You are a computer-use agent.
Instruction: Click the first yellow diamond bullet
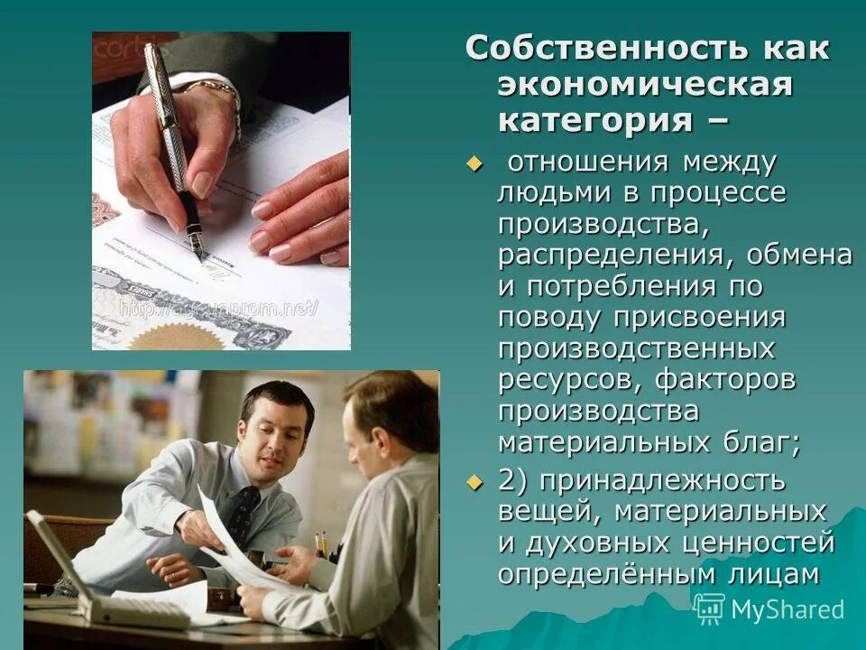pyautogui.click(x=474, y=163)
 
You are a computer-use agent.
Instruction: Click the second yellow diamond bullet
pyautogui.click(x=474, y=481)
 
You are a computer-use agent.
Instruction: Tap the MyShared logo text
pyautogui.click(x=787, y=609)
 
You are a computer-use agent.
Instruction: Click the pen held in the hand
pyautogui.click(x=174, y=135)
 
